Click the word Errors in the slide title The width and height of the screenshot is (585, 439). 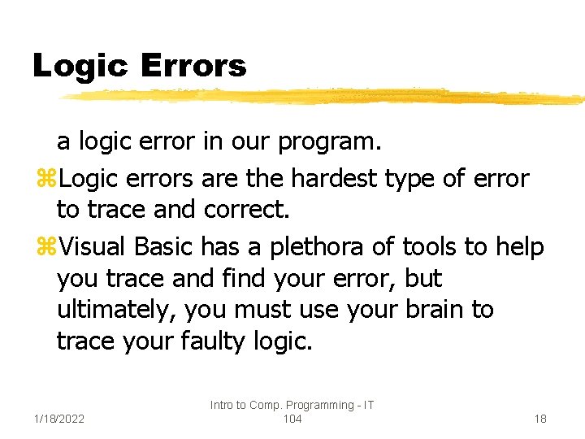(193, 66)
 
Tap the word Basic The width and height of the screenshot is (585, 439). (165, 245)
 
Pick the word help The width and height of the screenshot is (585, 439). (518, 245)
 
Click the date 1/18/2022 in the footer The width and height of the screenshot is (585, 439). (61, 419)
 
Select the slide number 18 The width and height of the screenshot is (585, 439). (539, 419)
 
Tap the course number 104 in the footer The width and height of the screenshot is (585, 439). (292, 419)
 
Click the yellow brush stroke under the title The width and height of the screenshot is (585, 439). (325, 97)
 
